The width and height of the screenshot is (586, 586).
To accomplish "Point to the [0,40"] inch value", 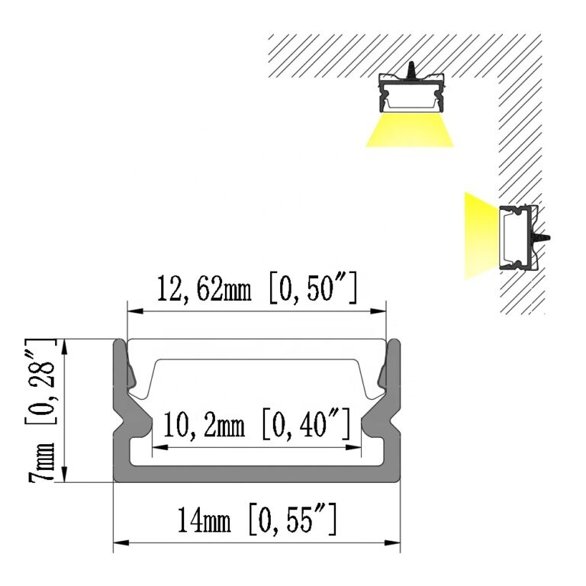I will point(306,424).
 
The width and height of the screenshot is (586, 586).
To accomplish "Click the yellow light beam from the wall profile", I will point(479,235).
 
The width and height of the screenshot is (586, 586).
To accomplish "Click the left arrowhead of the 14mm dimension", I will point(119,545).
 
